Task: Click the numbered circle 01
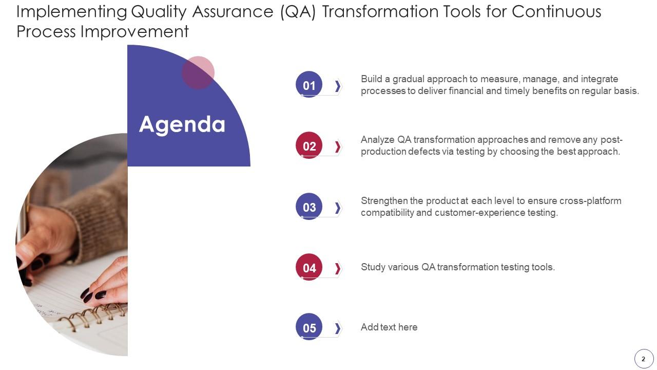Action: coord(309,85)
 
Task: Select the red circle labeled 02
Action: coord(309,145)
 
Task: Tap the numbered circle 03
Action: coord(309,207)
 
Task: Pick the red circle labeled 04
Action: coord(309,267)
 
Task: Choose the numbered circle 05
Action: coord(309,327)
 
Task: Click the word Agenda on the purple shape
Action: coord(182,124)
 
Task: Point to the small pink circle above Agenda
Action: coord(198,72)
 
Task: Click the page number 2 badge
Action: coord(644,359)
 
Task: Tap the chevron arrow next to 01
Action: coord(338,86)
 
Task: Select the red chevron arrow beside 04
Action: coord(338,268)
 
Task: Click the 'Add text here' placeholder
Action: coord(389,327)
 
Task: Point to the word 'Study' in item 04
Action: coord(373,267)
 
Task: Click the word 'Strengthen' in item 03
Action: coord(384,200)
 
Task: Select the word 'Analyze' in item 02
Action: coord(378,140)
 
